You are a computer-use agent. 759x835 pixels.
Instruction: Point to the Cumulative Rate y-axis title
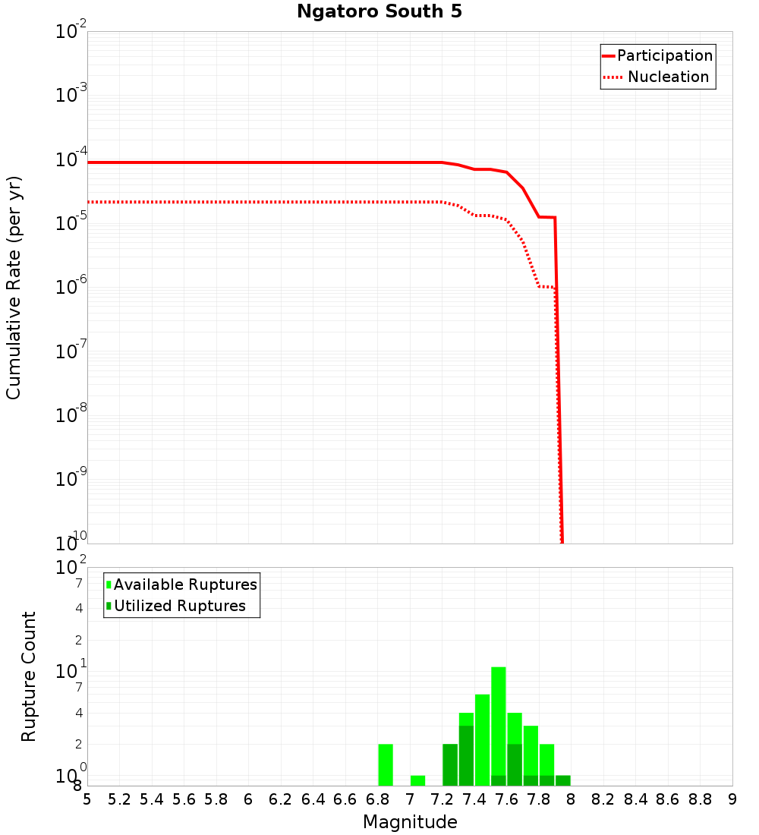(x=14, y=287)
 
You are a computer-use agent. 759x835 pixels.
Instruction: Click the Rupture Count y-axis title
(x=29, y=676)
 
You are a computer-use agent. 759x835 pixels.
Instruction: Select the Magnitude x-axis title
(x=410, y=822)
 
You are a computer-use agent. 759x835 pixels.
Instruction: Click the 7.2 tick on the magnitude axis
(x=442, y=799)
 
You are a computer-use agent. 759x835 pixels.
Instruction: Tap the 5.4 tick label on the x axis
(x=152, y=799)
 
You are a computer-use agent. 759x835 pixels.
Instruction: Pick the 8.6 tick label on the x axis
(x=668, y=799)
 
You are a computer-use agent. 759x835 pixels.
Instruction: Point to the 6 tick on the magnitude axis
(x=248, y=799)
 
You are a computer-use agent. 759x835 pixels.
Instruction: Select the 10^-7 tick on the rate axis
(x=71, y=352)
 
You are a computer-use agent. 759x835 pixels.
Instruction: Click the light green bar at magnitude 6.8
(x=386, y=764)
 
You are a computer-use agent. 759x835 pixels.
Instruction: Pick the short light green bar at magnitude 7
(x=417, y=780)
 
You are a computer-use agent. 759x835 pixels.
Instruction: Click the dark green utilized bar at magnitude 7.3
(x=466, y=755)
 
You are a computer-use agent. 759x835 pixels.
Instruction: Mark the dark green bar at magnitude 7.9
(x=562, y=780)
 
